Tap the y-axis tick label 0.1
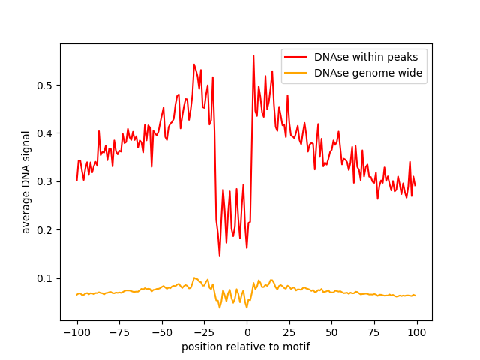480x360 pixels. [45, 278]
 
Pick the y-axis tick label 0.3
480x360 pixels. [45, 181]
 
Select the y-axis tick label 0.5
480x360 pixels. [45, 85]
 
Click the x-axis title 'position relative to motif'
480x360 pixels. [246, 346]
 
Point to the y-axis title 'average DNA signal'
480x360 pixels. [26, 181]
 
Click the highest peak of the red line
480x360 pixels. [253, 55]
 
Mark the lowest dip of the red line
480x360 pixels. [220, 256]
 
